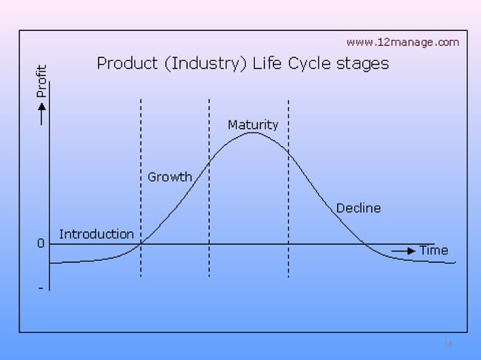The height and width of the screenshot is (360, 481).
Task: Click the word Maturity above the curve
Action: (253, 124)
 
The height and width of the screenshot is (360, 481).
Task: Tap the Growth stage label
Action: (170, 177)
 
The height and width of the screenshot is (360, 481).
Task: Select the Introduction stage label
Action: (97, 234)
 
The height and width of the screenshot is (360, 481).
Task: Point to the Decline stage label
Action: (358, 208)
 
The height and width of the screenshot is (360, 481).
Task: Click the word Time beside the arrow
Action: (434, 250)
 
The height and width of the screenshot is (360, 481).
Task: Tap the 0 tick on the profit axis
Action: (41, 244)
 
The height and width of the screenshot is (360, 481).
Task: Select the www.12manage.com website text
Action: (402, 42)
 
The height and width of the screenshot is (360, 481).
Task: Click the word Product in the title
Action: (125, 64)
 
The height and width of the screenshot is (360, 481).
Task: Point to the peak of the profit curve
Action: (253, 133)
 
